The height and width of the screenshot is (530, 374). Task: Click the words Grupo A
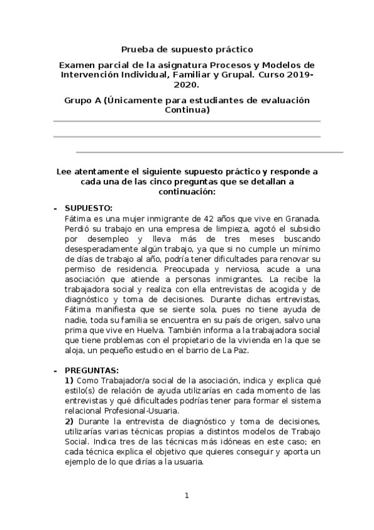point(84,100)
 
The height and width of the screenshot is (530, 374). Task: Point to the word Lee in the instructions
point(64,171)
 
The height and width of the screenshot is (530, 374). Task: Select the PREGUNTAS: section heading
point(92,370)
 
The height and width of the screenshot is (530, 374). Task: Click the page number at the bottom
point(186,496)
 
